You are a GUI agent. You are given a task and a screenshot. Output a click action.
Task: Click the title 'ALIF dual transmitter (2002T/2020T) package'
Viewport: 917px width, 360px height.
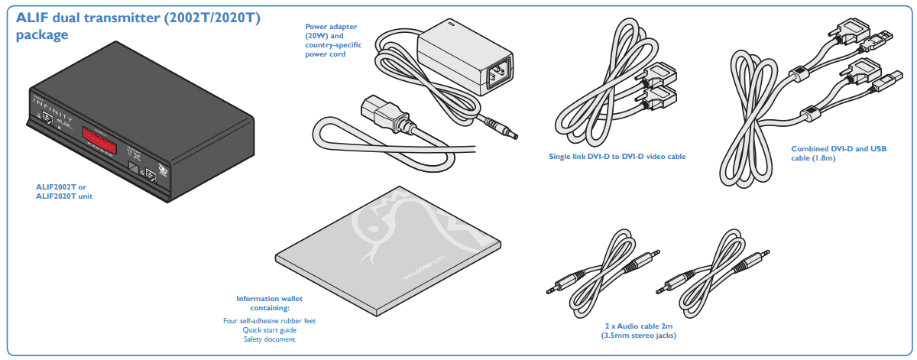point(138,26)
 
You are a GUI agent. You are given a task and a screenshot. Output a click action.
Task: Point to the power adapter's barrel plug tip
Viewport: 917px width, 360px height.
point(513,135)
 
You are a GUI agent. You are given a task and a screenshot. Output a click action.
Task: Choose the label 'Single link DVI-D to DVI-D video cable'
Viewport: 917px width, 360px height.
point(617,157)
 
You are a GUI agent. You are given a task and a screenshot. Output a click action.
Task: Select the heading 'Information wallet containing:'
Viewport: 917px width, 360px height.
point(269,303)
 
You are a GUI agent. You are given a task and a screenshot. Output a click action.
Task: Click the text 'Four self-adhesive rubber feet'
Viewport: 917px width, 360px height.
point(269,321)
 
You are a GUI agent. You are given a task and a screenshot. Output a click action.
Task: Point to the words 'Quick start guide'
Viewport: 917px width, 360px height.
point(269,330)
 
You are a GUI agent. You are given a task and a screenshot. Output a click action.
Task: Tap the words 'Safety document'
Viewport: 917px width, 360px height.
point(269,339)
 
